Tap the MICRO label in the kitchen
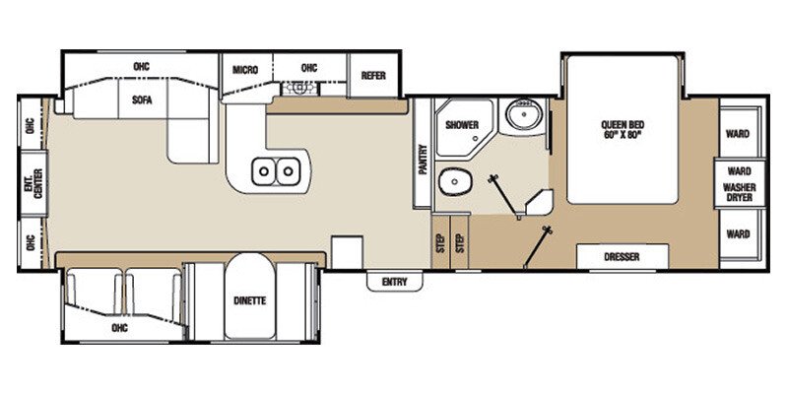[x=245, y=69]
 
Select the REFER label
[x=372, y=75]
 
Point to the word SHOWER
[x=461, y=125]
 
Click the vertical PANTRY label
[x=423, y=156]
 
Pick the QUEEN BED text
[x=622, y=124]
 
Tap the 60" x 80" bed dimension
[x=622, y=135]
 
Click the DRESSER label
[x=623, y=257]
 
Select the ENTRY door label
[x=394, y=283]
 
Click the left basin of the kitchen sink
[x=265, y=172]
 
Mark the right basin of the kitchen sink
[x=289, y=172]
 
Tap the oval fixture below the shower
[x=452, y=180]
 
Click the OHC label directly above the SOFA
[x=142, y=67]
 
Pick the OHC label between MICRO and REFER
[x=308, y=68]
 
